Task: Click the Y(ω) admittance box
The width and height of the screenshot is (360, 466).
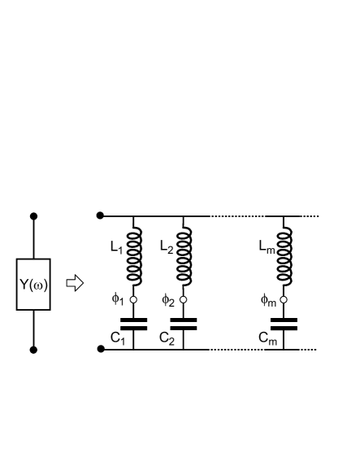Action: click(x=33, y=284)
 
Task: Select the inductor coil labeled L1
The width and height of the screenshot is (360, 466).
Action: click(x=133, y=253)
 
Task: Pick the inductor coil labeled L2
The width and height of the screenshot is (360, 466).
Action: click(x=184, y=253)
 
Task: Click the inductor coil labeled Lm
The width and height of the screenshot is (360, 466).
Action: click(x=284, y=253)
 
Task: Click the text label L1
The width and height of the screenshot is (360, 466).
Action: click(x=115, y=246)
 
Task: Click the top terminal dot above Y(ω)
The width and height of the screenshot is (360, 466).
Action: click(x=33, y=216)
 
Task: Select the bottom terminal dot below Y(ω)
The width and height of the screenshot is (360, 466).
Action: click(x=33, y=350)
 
